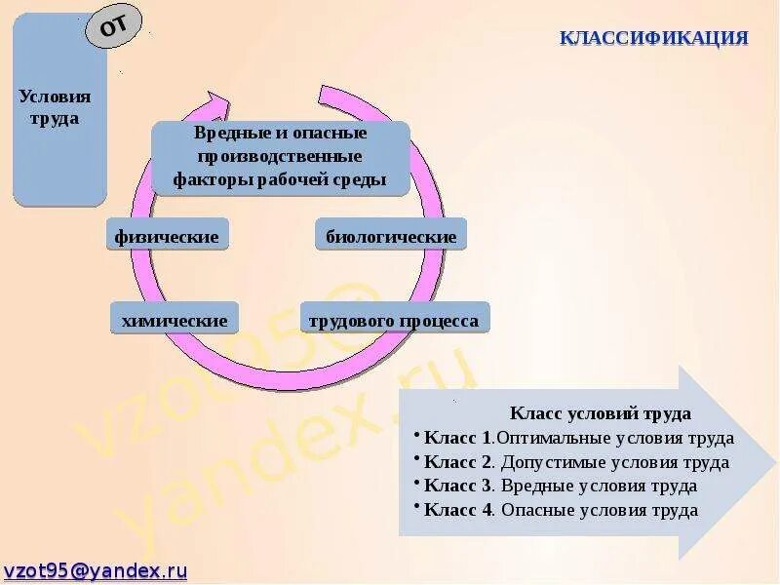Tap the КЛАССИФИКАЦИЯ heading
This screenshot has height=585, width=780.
point(653,38)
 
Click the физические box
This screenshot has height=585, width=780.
point(168,235)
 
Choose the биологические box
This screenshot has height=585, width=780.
point(391,236)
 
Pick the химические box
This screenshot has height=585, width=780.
point(175,320)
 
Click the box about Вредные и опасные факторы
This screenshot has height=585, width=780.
point(280,156)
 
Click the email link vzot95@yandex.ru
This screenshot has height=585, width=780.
point(96,571)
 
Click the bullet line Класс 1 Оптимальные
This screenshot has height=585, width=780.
point(575,438)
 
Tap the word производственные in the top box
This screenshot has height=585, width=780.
point(280,156)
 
